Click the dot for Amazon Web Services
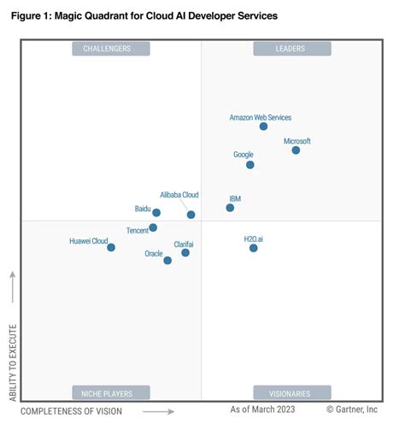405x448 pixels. (x=263, y=127)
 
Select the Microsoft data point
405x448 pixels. (x=296, y=150)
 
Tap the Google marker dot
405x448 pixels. (x=249, y=165)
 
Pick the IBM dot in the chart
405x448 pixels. (x=230, y=208)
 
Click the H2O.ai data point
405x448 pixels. (x=254, y=248)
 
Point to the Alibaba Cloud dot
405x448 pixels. (x=191, y=215)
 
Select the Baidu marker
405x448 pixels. (x=156, y=213)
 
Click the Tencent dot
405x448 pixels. (x=153, y=228)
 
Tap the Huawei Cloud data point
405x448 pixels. (x=111, y=248)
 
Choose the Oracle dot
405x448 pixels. (x=167, y=261)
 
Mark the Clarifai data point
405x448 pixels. (x=185, y=253)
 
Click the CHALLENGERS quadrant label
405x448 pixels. (x=111, y=49)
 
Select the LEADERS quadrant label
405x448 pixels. (x=291, y=49)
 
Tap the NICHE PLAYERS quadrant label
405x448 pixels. (x=111, y=393)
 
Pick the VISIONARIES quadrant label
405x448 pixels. (x=291, y=393)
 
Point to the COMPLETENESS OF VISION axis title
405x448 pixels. (x=71, y=411)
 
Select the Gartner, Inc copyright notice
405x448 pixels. (x=352, y=410)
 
